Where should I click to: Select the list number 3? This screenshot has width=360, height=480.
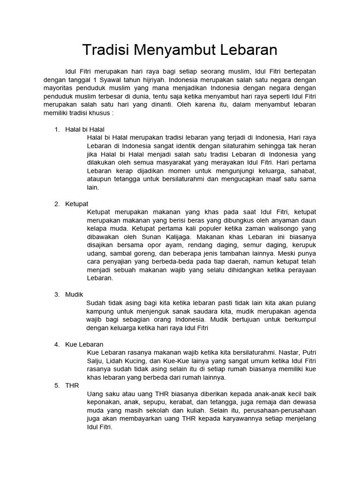click(x=57, y=294)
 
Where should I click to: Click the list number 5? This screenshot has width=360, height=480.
click(x=57, y=385)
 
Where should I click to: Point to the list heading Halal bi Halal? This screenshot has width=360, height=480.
click(x=85, y=129)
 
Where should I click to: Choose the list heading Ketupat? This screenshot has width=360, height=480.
click(x=77, y=203)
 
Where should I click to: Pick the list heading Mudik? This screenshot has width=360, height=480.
click(x=74, y=294)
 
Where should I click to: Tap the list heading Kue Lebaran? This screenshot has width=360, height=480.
click(x=84, y=345)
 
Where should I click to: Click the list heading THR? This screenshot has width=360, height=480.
click(x=72, y=385)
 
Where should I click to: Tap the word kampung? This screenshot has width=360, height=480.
click(x=102, y=311)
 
